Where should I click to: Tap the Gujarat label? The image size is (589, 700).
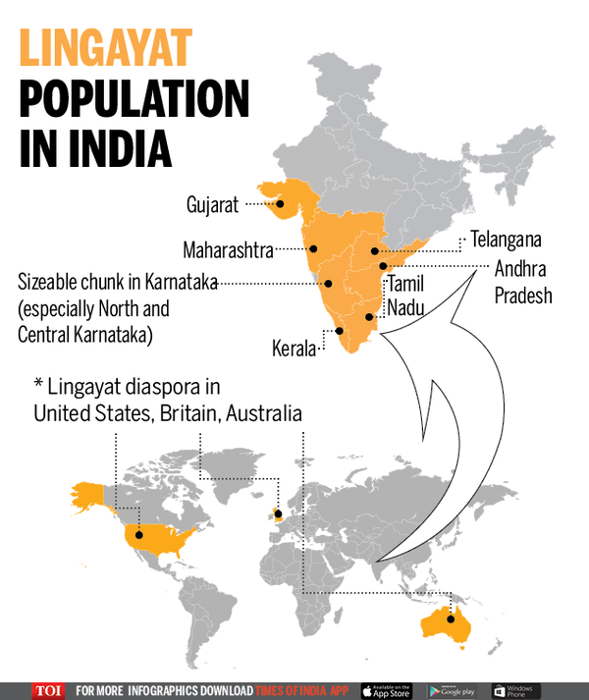[x=213, y=205]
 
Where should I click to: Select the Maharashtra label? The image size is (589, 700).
[x=228, y=250]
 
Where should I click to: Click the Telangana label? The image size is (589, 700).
[x=506, y=239]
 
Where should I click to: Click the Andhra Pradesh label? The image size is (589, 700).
[x=523, y=281]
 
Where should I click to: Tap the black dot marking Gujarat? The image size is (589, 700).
[x=281, y=205]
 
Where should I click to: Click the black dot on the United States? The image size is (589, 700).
[x=138, y=535]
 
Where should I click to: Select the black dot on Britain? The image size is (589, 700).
[x=278, y=513]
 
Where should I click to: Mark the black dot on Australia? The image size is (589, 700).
[x=452, y=619]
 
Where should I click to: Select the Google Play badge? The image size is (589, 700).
[x=454, y=690]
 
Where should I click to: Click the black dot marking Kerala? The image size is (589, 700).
[x=340, y=331]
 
